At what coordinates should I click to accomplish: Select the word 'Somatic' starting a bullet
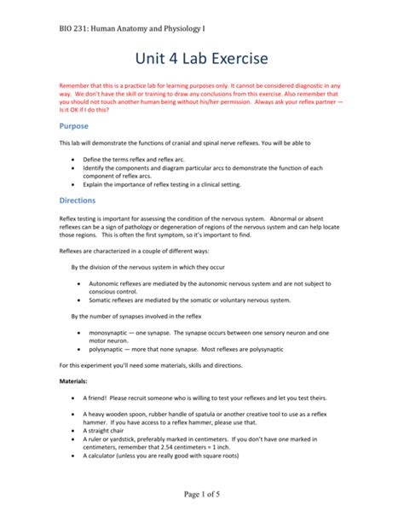click(102, 300)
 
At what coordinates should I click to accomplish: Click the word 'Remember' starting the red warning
click(75, 85)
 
